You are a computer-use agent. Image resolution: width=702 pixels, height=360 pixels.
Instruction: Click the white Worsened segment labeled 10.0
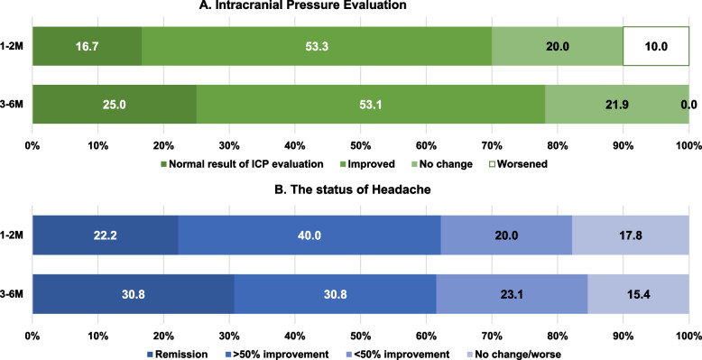[x=656, y=46]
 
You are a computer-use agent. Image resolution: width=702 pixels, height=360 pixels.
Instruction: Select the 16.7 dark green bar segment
[x=87, y=46]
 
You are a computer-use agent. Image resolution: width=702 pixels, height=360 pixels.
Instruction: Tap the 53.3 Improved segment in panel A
[x=317, y=46]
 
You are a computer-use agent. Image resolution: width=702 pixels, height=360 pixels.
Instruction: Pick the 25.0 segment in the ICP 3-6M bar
[x=115, y=104]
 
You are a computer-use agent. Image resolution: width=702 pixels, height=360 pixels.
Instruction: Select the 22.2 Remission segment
[x=106, y=235]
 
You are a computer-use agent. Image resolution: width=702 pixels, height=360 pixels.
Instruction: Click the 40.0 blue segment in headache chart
[x=309, y=235]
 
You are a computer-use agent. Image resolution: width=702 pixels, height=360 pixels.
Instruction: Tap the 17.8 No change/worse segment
[x=631, y=235]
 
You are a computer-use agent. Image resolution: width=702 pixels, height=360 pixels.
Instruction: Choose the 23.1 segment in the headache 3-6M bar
[x=512, y=294]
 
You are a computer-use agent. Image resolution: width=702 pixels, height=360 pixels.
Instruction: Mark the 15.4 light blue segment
[x=639, y=294]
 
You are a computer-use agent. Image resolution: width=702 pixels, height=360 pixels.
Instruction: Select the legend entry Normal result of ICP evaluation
[x=241, y=164]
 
